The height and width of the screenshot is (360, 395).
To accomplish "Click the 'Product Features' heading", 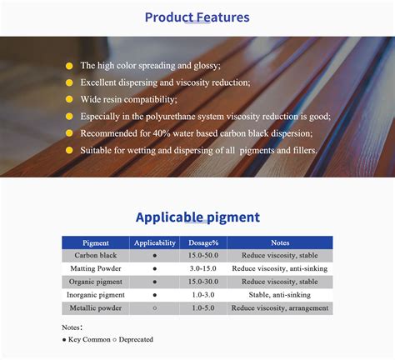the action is coord(197,17).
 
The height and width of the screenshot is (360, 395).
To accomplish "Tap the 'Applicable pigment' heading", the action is coord(197,217).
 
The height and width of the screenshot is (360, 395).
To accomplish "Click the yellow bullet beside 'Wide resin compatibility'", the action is coord(69,99).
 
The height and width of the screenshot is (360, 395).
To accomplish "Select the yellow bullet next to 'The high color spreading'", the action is coord(69,66).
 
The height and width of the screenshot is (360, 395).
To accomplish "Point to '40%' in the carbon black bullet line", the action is coord(162,133).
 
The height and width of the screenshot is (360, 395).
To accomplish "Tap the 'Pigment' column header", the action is coord(96,243).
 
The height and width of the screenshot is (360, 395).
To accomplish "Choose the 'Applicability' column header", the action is coord(155,243).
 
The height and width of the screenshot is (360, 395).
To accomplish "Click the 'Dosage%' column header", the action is coord(203,243).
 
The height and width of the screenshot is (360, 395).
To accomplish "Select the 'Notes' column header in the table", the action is coord(280,242).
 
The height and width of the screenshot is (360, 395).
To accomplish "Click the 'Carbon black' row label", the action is coord(96,255).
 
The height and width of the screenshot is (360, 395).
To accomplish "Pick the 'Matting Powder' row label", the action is coord(96,268).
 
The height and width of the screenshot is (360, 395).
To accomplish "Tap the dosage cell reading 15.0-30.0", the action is coord(203,282).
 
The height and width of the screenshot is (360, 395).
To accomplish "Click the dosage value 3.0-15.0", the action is coord(203,268).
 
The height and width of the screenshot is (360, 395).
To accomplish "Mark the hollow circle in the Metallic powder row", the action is coord(155,308).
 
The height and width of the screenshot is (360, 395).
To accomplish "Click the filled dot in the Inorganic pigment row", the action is coord(155,295).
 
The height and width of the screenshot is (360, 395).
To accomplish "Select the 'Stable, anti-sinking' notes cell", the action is coord(280,295).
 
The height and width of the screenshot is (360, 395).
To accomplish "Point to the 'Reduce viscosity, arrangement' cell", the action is coord(280,308).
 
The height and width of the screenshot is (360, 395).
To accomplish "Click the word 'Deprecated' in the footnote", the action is coord(136,339).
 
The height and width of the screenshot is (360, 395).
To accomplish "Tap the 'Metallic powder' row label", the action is coord(96,308).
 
